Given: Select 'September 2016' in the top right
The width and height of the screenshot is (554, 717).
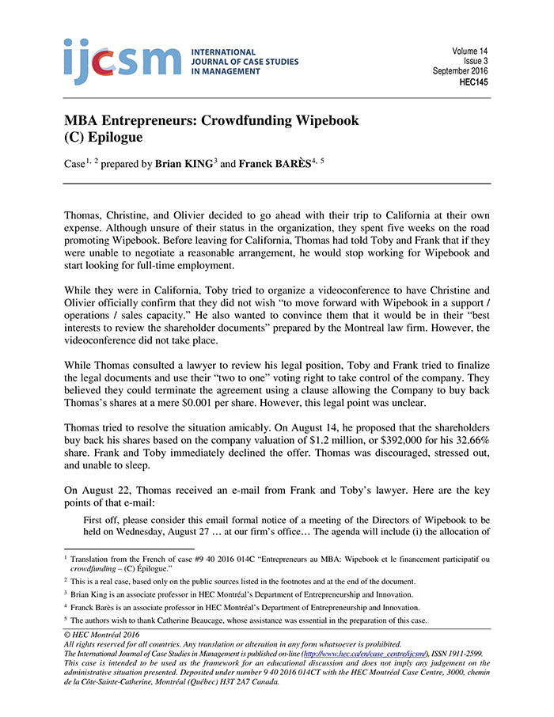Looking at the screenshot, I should click(x=461, y=71).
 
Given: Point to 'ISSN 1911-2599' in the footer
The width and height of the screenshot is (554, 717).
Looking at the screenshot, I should click(x=444, y=654).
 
